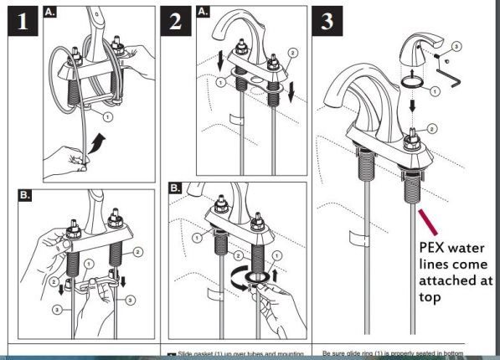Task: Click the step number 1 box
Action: [x=23, y=23]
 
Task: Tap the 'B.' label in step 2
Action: [x=177, y=188]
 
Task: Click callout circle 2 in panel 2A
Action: [x=291, y=52]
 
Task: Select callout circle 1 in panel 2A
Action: [x=219, y=83]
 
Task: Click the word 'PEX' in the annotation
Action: [x=433, y=248]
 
